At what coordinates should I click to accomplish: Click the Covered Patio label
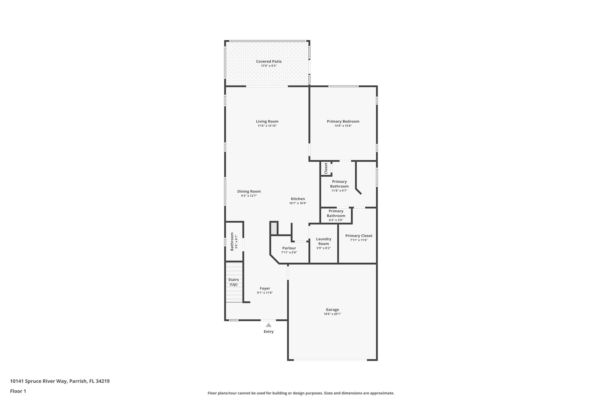coord(269,61)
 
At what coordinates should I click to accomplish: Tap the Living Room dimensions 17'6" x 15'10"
coord(267,126)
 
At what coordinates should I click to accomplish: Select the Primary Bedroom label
coord(343,121)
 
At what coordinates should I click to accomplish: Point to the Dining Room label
coord(249,191)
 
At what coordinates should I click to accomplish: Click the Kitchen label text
coord(298,199)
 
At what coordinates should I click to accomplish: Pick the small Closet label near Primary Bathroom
coord(326,168)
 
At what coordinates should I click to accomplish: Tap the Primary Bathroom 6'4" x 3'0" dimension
coord(336,220)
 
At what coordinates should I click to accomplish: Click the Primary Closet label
coord(359,236)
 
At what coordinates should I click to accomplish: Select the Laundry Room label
coord(323,241)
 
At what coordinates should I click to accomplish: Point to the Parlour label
coord(289,248)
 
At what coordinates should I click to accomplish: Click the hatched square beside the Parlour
coord(274,228)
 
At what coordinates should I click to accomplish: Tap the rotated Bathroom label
coord(232,241)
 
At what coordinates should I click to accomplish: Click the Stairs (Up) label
coord(233,282)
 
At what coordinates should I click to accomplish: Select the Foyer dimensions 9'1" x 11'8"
coord(265,293)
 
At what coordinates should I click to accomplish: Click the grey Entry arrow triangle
coord(268,325)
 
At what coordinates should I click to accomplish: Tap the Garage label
coord(332,309)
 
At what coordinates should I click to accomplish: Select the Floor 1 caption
coord(18,391)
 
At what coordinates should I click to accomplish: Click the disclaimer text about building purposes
coord(301,393)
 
